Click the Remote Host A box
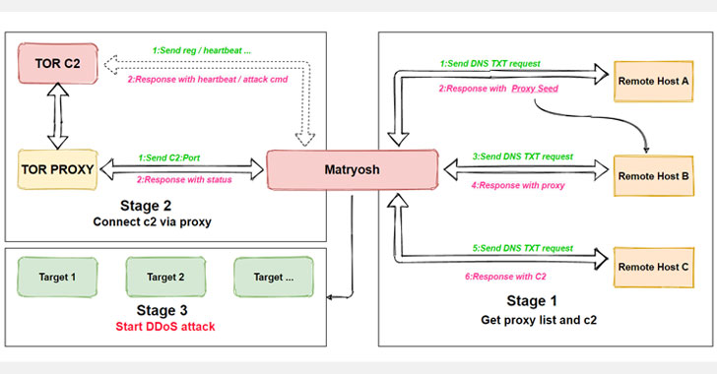(x=654, y=77)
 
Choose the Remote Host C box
(x=654, y=266)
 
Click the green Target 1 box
(x=59, y=279)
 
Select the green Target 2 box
(x=165, y=279)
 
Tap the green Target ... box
(x=270, y=279)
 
